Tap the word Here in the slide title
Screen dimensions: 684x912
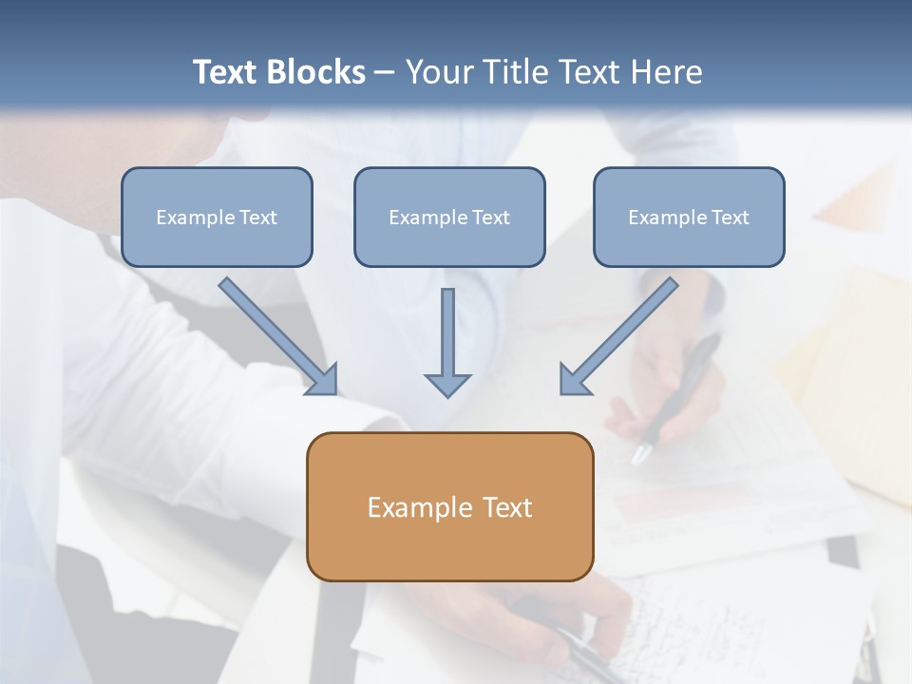tap(666, 72)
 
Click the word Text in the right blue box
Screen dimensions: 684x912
tap(730, 218)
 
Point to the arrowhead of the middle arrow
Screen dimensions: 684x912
tap(447, 385)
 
